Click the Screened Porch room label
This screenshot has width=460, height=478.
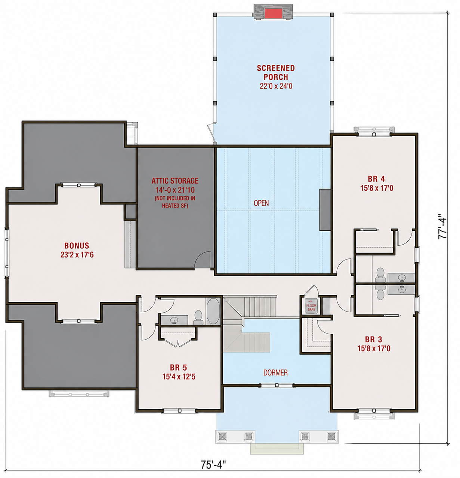coord(276,73)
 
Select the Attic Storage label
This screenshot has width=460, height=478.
coord(175,181)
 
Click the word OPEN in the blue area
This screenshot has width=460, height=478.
coord(261,203)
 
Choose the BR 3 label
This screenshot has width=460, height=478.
coord(373,340)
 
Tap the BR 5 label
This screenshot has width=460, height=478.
coord(179,367)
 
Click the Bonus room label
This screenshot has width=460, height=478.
coord(77,246)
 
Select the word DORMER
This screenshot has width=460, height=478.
coord(275,373)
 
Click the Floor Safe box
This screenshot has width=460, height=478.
coord(311,306)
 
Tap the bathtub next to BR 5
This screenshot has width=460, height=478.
coord(213,311)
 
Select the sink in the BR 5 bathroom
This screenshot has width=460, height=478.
coord(174,320)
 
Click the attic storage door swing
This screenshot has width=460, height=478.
coord(203,260)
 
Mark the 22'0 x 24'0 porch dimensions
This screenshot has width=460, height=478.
coord(276,86)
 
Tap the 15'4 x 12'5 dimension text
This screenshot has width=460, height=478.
coord(179,377)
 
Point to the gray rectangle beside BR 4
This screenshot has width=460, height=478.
coord(325,210)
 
